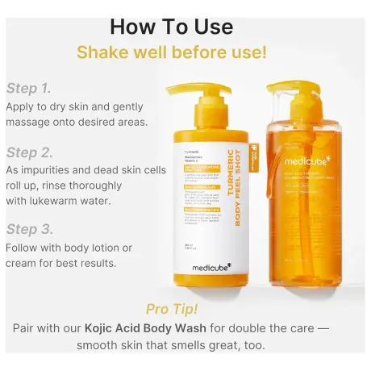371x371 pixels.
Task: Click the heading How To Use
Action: pos(171,26)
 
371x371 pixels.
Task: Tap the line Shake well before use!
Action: pos(171,53)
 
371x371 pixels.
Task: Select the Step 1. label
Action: pos(28,88)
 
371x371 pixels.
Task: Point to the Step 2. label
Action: pos(28,152)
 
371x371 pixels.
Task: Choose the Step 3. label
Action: pos(28,228)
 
